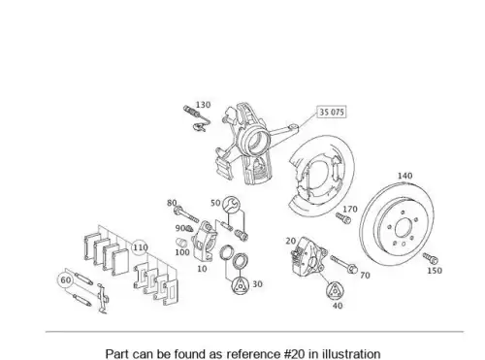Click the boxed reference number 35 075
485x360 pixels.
point(332,112)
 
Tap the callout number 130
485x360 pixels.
point(203,105)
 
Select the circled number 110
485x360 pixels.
point(141,247)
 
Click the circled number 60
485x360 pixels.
point(66,280)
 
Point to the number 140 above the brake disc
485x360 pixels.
point(404,176)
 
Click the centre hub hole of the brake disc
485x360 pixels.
point(404,229)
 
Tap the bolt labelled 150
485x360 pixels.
point(431,258)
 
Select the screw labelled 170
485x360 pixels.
point(343,218)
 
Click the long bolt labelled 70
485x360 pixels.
point(343,264)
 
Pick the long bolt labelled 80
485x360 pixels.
point(186,214)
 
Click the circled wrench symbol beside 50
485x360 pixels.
point(231,204)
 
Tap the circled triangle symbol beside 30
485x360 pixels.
point(241,286)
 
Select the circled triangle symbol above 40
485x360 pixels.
point(335,291)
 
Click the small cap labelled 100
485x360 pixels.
point(182,242)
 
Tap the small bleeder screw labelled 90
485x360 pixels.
point(190,229)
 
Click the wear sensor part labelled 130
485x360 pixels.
point(197,118)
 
